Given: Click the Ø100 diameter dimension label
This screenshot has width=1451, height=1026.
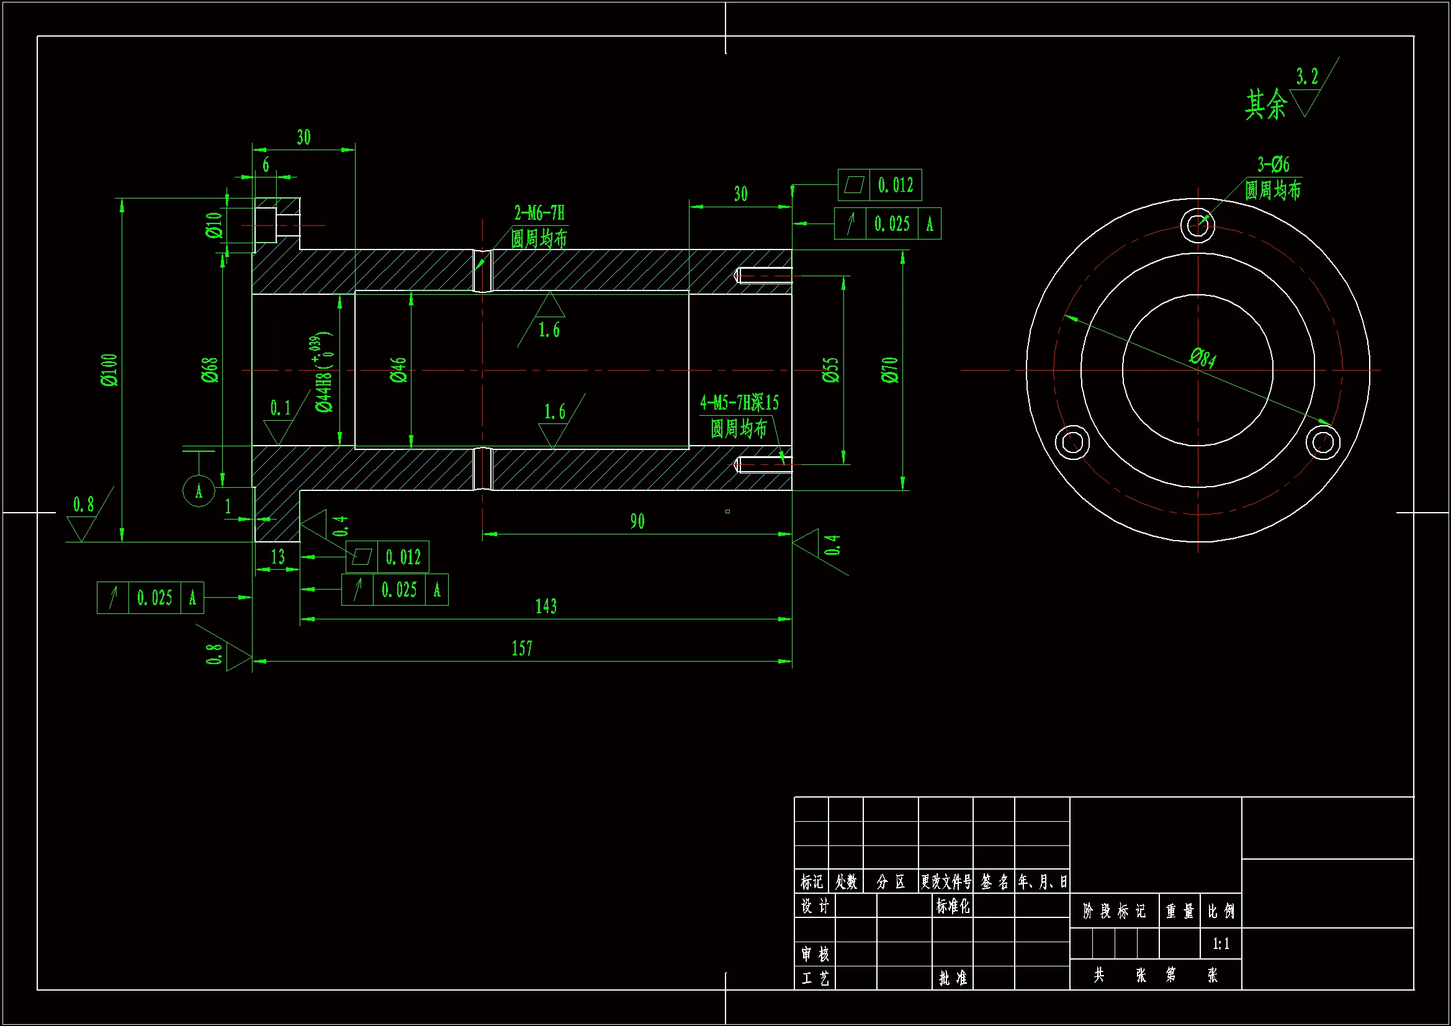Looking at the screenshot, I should point(109,370).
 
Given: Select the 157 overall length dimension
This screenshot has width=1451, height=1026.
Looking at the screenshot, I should point(522,649).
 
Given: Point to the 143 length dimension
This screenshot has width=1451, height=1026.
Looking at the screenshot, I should point(546,607).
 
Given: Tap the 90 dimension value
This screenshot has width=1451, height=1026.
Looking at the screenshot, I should point(637,521).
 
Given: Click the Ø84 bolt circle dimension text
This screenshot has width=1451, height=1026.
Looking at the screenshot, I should point(1203,357).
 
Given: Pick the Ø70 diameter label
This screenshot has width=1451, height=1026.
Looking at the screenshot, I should point(890,370).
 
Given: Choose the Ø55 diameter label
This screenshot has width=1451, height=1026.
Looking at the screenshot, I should point(830,370).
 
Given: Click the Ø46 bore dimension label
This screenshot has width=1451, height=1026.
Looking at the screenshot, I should point(398,370).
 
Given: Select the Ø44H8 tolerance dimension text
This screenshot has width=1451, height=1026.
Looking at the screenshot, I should point(324,373).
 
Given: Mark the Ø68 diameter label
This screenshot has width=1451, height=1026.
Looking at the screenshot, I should point(210,370).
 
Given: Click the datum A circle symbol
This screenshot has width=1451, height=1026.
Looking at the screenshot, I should point(199,490).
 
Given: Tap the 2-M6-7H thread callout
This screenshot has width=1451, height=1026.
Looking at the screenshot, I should point(539,213).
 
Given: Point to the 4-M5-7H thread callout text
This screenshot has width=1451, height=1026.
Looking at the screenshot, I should point(739,403).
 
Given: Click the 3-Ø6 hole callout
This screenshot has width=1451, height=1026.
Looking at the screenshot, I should point(1273,165).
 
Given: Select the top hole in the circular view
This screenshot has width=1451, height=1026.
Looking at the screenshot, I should point(1197,224).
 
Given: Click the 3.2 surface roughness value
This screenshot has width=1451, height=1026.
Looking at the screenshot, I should point(1307,77).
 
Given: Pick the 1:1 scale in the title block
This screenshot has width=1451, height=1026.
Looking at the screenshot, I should point(1221,945).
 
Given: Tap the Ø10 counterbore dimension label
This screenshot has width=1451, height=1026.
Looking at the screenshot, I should point(214,225).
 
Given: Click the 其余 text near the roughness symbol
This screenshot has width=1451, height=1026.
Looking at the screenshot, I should point(1265,104).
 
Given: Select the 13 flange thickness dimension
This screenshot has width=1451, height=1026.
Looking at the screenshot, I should point(277,557).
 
